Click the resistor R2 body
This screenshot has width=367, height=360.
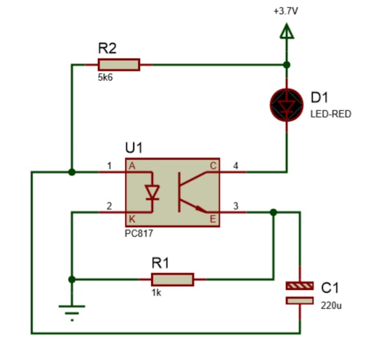[x=118, y=64]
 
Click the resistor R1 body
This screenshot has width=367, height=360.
[x=172, y=280]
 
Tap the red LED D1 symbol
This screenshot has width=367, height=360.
[x=286, y=105]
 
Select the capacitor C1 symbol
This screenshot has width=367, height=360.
[x=300, y=293]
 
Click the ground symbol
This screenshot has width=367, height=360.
[x=72, y=312]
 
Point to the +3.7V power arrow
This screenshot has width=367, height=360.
[x=286, y=31]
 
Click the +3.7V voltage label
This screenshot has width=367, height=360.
[x=286, y=12]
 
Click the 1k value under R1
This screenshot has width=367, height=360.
[x=156, y=293]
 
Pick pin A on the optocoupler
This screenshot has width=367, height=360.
[x=132, y=166]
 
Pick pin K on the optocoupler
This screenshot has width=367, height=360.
[x=132, y=219]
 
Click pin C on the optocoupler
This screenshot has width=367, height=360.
[x=213, y=166]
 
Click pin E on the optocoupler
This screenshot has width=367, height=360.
[x=213, y=219]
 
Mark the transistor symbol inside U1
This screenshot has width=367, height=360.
[x=191, y=192]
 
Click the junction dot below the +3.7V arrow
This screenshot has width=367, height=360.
[x=286, y=64]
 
